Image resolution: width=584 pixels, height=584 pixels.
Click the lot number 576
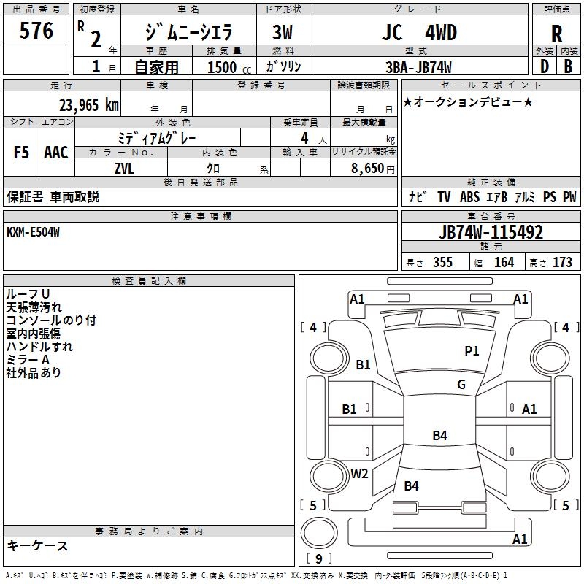36,31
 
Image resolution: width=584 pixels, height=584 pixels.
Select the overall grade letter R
556,34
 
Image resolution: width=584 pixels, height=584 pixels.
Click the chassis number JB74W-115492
491,232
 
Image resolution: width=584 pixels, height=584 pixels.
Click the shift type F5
21,153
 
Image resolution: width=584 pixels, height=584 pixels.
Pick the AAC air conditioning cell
56,153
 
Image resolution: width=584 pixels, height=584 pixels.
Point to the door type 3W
283,34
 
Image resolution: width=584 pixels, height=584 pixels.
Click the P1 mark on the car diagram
472,351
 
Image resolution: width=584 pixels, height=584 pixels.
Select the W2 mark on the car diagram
359,473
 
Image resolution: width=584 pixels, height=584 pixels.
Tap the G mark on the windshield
461,385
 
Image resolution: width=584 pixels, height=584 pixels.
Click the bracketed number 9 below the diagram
318,559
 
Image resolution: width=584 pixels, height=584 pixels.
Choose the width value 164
504,262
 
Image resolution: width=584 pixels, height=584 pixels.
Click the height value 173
562,262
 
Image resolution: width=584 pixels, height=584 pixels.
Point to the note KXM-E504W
34,232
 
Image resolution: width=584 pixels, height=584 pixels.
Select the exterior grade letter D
543,67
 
